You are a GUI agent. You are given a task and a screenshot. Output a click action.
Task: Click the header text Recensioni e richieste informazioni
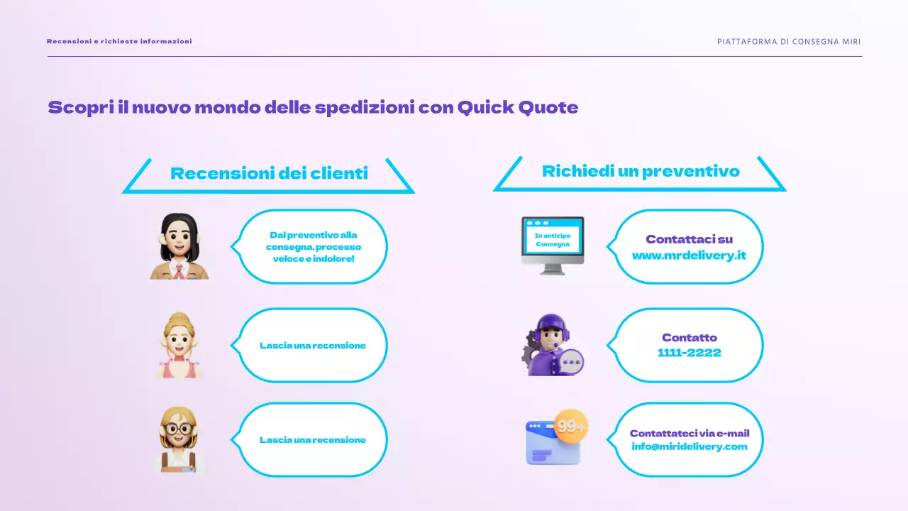click(x=119, y=41)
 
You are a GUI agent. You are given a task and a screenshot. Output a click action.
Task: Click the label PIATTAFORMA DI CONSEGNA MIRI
click(x=789, y=41)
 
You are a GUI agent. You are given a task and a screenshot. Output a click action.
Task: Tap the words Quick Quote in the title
click(x=517, y=108)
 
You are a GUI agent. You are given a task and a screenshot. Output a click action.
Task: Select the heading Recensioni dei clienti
click(x=269, y=173)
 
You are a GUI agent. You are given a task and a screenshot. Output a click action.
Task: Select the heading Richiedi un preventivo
click(x=641, y=171)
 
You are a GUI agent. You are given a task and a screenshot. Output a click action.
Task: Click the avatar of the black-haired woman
click(x=179, y=246)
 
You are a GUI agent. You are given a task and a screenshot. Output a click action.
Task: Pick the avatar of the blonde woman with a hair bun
click(x=179, y=345)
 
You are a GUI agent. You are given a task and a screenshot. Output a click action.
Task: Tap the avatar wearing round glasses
click(x=179, y=440)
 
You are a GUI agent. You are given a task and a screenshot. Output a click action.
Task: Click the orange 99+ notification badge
click(x=571, y=427)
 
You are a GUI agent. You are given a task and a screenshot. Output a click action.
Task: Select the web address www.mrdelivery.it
click(x=689, y=255)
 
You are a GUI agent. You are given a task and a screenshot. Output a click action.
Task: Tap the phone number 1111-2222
click(x=689, y=353)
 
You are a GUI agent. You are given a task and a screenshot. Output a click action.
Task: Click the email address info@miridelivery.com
click(x=689, y=446)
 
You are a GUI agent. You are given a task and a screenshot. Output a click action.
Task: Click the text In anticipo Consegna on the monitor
click(x=553, y=239)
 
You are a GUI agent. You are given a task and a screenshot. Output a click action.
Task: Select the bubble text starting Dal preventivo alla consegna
click(x=313, y=246)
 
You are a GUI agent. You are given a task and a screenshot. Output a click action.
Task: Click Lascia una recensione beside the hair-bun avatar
click(x=313, y=346)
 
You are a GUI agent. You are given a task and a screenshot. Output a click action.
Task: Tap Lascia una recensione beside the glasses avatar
click(x=313, y=440)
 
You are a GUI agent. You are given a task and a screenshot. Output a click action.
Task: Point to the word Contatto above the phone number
click(x=689, y=338)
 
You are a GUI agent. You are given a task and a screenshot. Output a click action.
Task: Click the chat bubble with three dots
click(x=571, y=361)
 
